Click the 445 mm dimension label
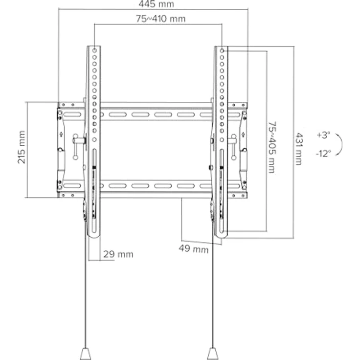point(153,4)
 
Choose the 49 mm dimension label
point(193,248)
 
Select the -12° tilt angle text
point(323,153)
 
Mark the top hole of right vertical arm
point(222,50)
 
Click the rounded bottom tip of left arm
point(94,235)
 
